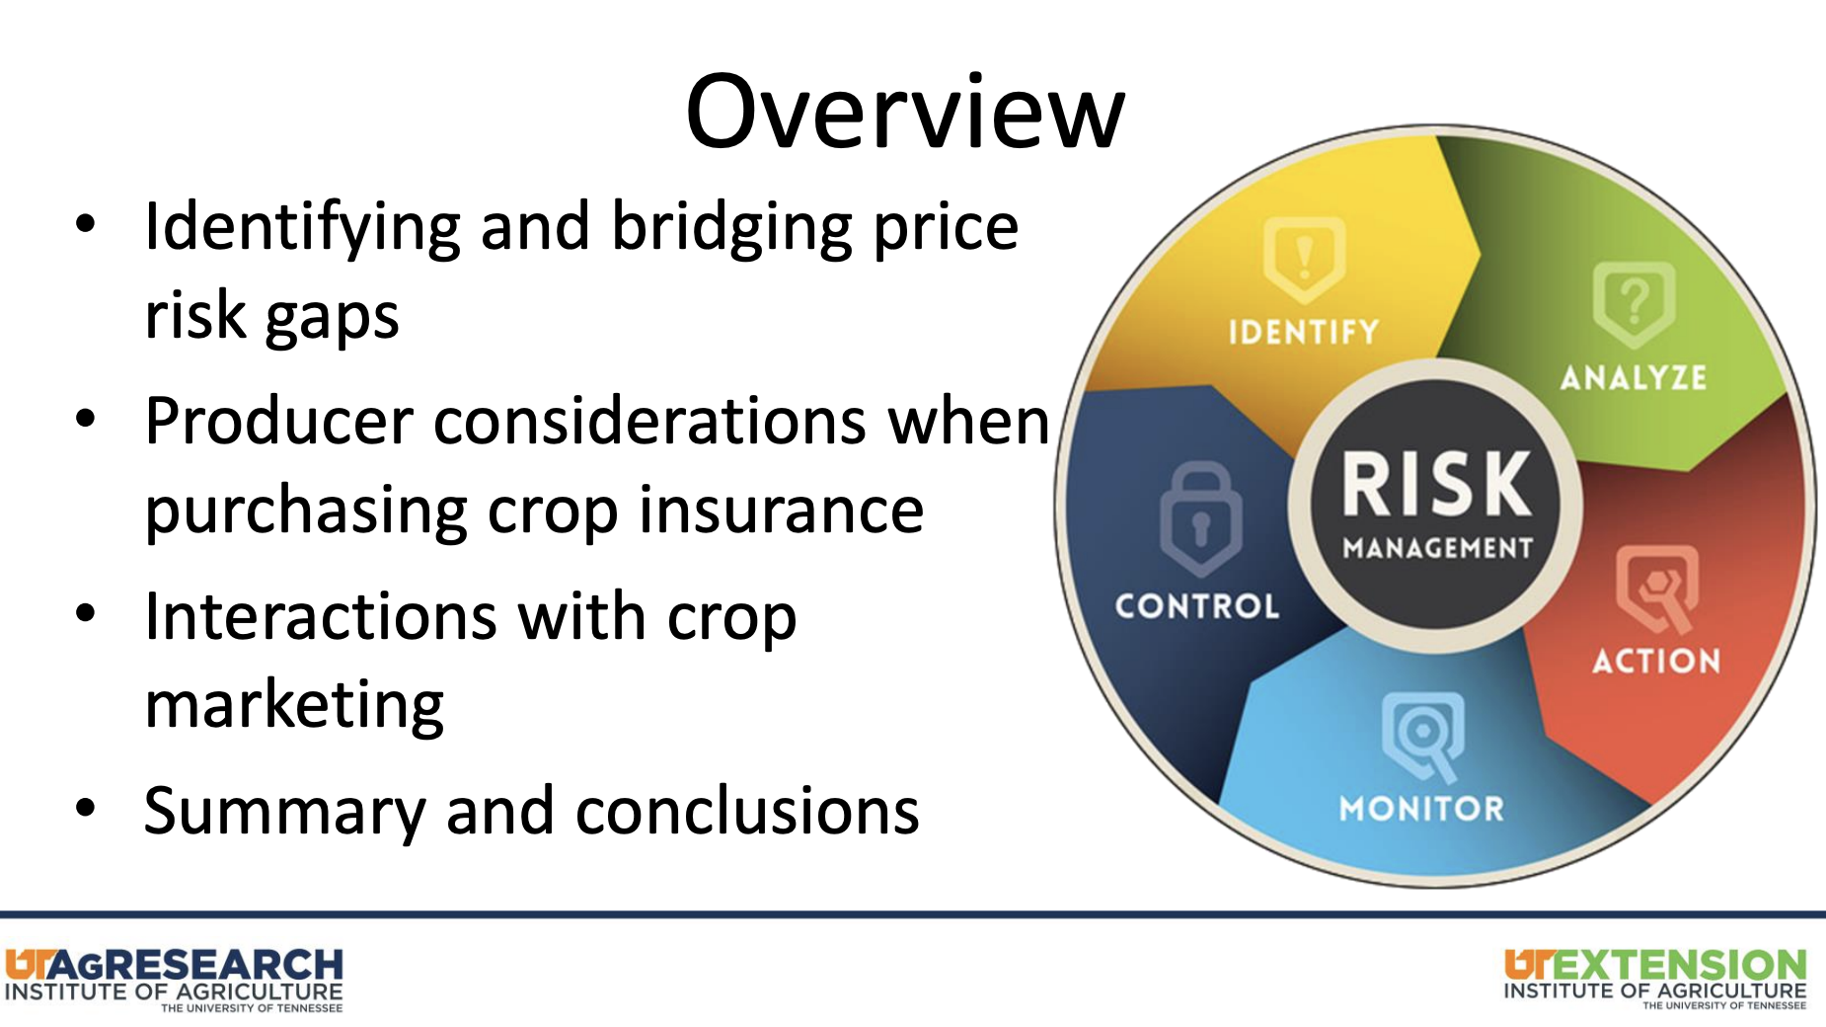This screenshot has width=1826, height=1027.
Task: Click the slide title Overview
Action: [905, 113]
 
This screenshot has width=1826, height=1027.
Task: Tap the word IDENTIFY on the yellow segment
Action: [1304, 332]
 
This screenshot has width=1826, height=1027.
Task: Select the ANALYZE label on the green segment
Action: [1634, 377]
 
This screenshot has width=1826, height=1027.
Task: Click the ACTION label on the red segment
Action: [1656, 661]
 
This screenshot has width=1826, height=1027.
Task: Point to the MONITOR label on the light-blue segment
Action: [1421, 809]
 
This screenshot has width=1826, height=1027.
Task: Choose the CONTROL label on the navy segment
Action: [1197, 605]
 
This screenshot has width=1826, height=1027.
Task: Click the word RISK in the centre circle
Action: [1437, 484]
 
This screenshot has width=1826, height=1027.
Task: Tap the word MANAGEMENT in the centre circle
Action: [1438, 548]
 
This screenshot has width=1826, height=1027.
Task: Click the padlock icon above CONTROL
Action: [1200, 518]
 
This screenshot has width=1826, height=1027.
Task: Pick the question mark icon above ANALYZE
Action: [1634, 304]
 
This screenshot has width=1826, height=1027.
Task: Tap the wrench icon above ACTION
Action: [1657, 589]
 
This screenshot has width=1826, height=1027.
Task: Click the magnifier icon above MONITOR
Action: [1422, 736]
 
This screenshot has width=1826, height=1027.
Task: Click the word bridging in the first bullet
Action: [732, 228]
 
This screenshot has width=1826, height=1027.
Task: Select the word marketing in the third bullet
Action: [294, 707]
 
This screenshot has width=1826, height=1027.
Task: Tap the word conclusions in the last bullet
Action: [747, 812]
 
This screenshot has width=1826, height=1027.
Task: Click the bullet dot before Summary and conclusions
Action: [86, 809]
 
